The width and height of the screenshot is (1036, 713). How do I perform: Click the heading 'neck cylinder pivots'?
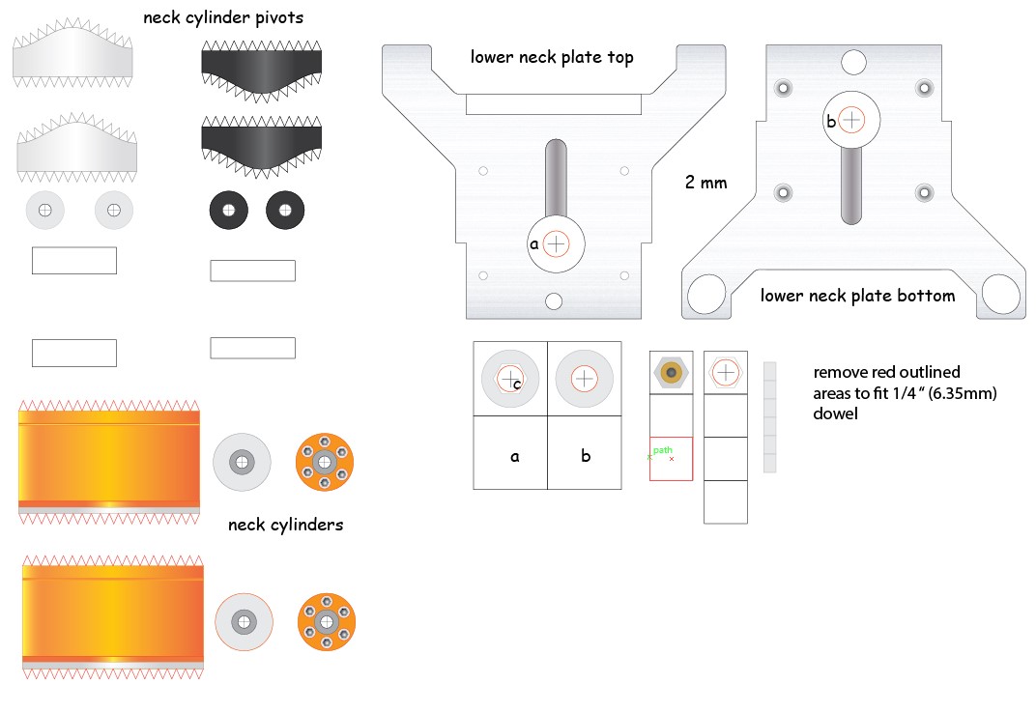[x=223, y=17]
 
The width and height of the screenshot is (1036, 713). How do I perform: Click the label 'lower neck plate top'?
[x=552, y=58]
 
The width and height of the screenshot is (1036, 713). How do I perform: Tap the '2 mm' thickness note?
[x=705, y=183]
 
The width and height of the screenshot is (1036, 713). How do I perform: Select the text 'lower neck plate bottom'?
[x=857, y=296]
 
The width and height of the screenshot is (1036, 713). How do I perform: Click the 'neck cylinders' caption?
[x=285, y=525]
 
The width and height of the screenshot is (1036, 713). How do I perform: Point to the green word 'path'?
[x=663, y=450]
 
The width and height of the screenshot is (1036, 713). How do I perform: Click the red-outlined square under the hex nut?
[x=672, y=459]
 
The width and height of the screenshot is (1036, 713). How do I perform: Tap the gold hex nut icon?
[x=672, y=373]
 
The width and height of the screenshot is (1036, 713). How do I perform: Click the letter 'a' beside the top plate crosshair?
[x=533, y=244]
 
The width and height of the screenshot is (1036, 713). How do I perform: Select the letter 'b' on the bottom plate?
[x=831, y=121]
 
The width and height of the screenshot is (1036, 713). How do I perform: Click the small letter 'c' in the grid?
[x=517, y=384]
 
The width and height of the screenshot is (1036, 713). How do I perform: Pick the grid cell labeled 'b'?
[x=585, y=453]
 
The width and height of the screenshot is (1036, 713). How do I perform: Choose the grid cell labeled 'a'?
[x=510, y=453]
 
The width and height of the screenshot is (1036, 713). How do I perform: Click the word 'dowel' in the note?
[x=835, y=414]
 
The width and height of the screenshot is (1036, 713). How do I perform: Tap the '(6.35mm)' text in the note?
[x=963, y=393]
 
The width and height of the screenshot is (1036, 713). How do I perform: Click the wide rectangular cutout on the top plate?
[x=554, y=104]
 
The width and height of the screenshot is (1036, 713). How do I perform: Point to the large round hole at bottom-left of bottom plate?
[x=706, y=295]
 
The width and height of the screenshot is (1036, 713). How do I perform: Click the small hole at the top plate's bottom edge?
[x=554, y=301]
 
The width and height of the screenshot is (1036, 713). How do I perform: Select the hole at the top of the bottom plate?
[x=853, y=62]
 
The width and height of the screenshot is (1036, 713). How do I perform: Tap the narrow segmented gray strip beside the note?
[x=769, y=417]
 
